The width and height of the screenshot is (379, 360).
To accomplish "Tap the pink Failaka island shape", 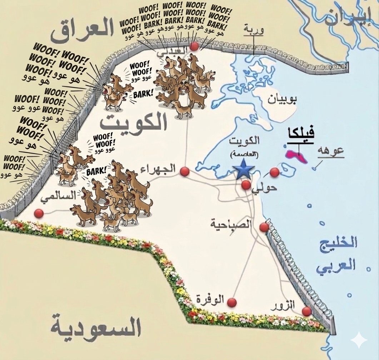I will point(296,156).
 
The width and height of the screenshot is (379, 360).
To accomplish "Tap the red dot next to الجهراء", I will point(185,171).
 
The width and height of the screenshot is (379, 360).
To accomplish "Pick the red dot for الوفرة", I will point(232,302).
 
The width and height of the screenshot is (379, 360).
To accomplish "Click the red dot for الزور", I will point(306,311).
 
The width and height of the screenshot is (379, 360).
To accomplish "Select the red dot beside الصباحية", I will point(264,227).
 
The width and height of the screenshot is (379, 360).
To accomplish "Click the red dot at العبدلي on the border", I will point(194,46).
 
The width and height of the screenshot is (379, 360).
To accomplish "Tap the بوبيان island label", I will point(282,99).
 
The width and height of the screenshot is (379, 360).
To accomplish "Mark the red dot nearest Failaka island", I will point(274,172).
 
